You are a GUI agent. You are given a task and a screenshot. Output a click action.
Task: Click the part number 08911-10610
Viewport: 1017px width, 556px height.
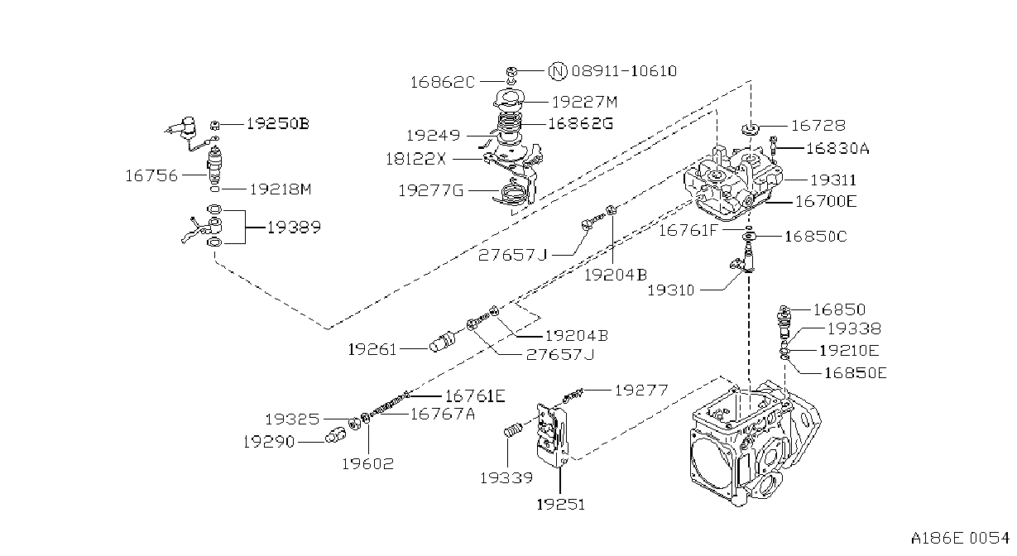tap(624, 71)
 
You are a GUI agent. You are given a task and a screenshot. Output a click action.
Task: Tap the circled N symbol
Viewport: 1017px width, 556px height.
tap(558, 71)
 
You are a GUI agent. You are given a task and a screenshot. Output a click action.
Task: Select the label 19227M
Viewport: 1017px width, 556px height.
tap(585, 102)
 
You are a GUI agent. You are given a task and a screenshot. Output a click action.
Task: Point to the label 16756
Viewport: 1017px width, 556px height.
tap(151, 175)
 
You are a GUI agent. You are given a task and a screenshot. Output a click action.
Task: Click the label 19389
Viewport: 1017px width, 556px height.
tap(294, 227)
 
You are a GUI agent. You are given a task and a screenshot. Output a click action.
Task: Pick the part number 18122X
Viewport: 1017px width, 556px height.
tap(416, 159)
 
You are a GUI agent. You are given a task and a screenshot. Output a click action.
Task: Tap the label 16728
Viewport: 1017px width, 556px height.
tap(818, 125)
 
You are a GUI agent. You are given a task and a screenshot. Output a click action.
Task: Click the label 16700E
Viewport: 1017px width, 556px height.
tap(826, 201)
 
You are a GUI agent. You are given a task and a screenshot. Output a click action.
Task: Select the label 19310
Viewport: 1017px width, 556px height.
tap(670, 290)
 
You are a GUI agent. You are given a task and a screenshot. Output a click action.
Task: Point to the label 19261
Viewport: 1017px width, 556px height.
tap(372, 349)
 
